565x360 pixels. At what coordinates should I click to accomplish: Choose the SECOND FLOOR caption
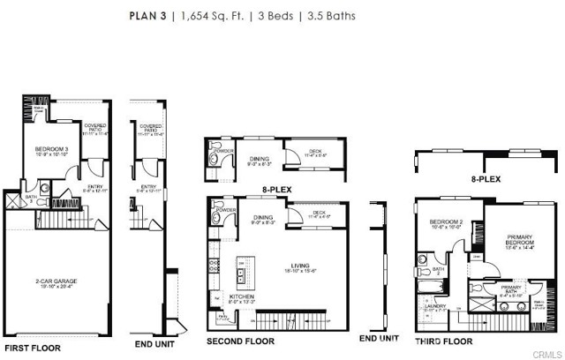240,340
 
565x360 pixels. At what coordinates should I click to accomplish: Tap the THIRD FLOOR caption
444,340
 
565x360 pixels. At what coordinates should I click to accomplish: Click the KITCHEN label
242,297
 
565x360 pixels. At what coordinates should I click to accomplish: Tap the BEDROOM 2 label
445,222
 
